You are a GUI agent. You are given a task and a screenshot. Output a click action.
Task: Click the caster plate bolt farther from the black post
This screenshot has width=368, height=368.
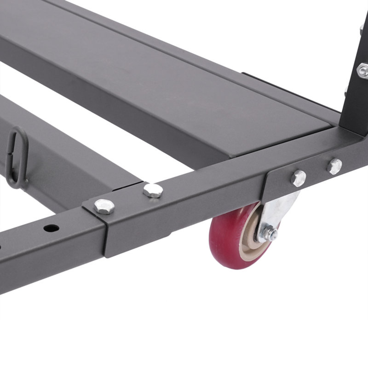pyautogui.click(x=299, y=177)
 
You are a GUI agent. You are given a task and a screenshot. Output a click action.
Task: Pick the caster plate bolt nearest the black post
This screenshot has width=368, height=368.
pyautogui.click(x=334, y=166)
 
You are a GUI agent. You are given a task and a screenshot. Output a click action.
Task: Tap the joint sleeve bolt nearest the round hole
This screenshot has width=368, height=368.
pyautogui.click(x=104, y=206)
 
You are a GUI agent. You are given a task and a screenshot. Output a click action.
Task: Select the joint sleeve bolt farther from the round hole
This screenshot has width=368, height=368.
pyautogui.click(x=153, y=190)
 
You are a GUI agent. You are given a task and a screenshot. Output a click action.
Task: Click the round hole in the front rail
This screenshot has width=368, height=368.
pyautogui.click(x=51, y=228)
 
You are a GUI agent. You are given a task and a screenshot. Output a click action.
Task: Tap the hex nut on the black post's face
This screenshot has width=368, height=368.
pyautogui.click(x=363, y=70)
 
